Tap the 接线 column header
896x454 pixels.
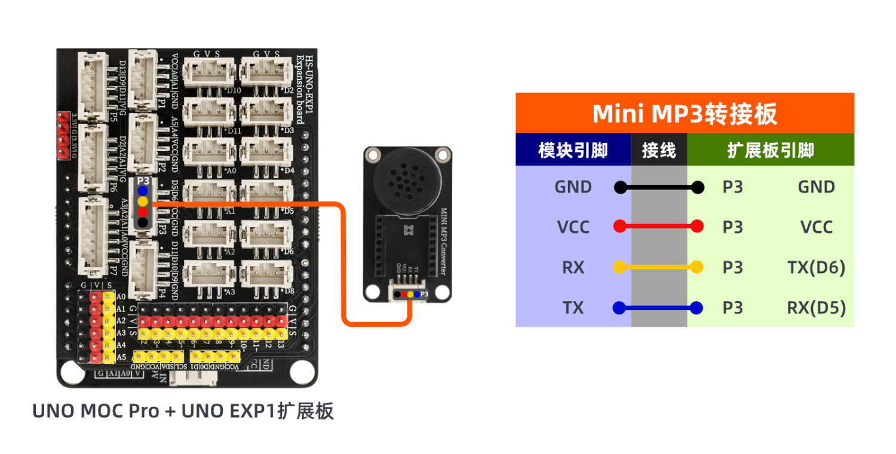(x=659, y=150)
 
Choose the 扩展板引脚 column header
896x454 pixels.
(x=771, y=150)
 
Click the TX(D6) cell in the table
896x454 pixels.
(x=816, y=268)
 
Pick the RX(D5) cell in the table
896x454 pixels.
(x=816, y=308)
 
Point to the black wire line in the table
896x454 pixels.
(x=659, y=188)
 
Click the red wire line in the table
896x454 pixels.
(x=659, y=227)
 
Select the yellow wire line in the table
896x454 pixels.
(x=659, y=268)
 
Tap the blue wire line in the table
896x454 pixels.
(x=659, y=308)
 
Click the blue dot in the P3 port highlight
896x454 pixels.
(x=142, y=191)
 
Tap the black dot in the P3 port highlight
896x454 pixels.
(x=142, y=222)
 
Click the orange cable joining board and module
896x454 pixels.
(x=345, y=263)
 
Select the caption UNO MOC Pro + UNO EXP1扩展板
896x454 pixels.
(x=182, y=412)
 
